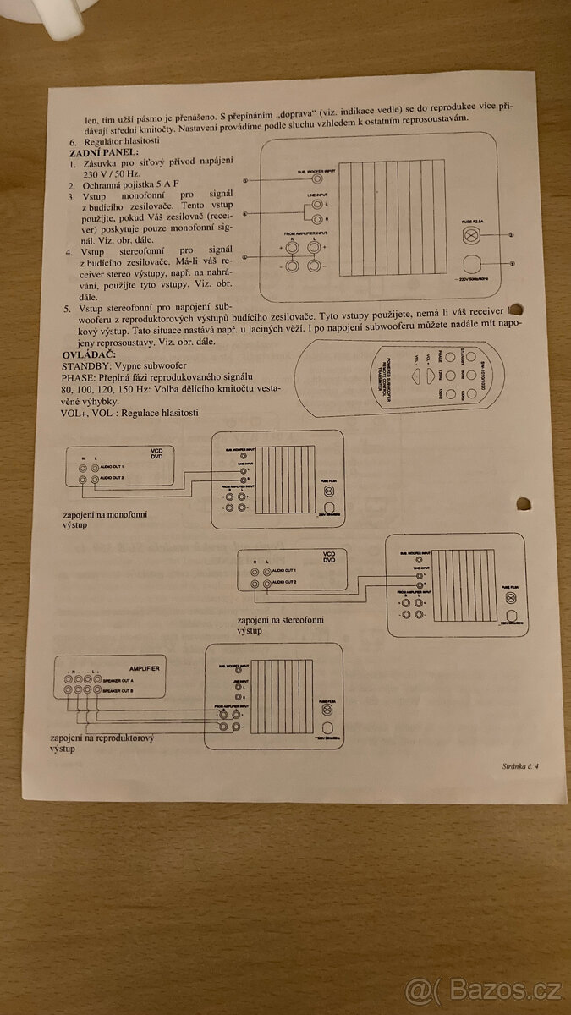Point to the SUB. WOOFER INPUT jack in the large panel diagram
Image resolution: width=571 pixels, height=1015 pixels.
click(x=316, y=179)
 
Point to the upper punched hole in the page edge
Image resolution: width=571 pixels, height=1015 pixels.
click(x=519, y=310)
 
